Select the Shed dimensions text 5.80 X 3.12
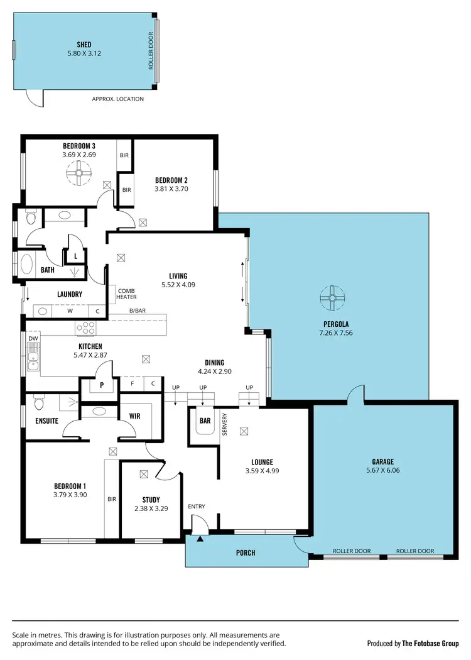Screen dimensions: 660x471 [x=84, y=53]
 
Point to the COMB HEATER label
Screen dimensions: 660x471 [x=126, y=294]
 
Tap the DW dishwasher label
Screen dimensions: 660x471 [x=33, y=338]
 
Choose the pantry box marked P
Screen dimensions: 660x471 [x=100, y=385]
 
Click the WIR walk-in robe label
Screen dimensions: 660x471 [x=134, y=415]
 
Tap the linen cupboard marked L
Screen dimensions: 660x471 [x=75, y=256]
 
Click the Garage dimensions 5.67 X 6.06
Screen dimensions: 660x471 [x=383, y=470]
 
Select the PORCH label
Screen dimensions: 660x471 [x=246, y=553]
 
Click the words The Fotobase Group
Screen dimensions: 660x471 [x=430, y=643]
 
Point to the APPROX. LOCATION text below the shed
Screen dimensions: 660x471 [x=117, y=99]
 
